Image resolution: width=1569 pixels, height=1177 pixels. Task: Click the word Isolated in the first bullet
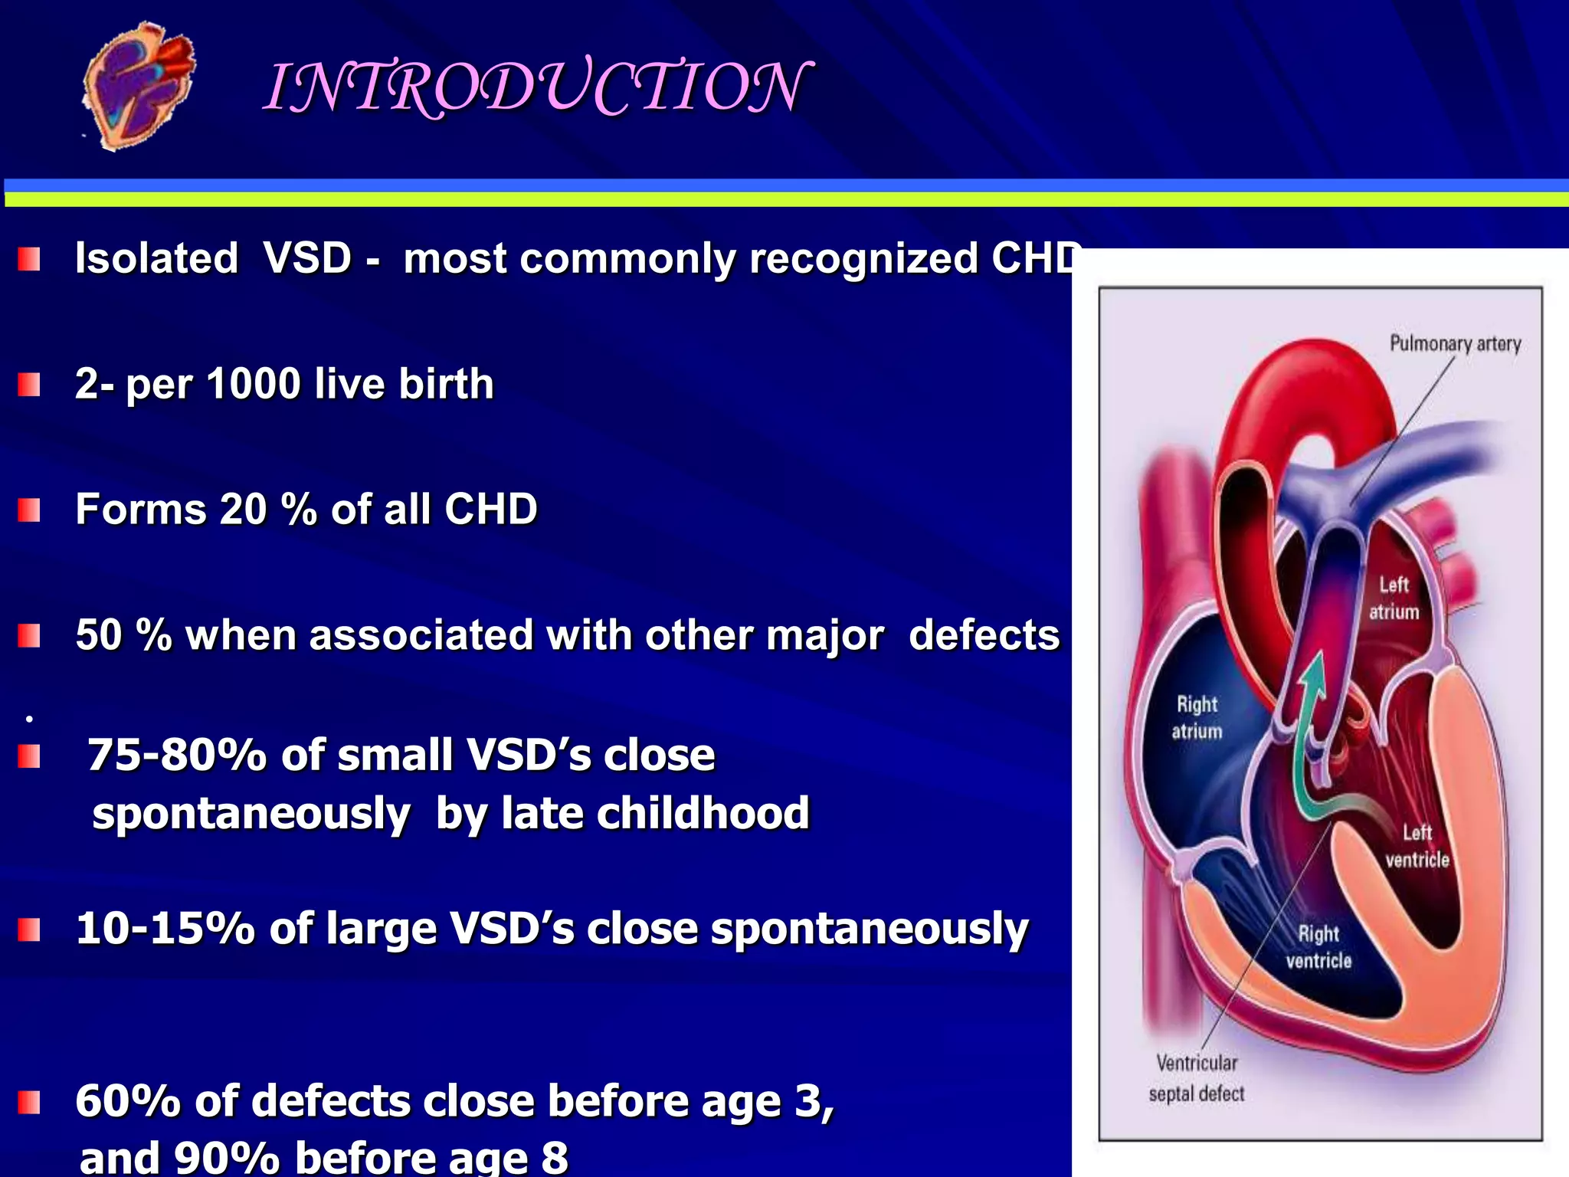pos(156,258)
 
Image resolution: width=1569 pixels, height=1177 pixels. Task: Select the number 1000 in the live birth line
pos(253,384)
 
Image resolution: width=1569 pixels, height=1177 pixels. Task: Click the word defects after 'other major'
pos(984,635)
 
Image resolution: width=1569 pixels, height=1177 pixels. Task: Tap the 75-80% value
pos(176,756)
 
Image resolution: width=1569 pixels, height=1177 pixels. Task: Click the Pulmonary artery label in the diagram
pos(1455,344)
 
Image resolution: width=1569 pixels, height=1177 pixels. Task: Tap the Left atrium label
pos(1394,598)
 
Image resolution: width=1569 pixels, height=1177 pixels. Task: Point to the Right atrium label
pos(1197,717)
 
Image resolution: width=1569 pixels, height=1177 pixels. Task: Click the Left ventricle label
pos(1417,846)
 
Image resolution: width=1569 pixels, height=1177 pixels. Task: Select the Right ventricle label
pos(1318,947)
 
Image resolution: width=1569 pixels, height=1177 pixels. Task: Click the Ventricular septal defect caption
pos(1196,1078)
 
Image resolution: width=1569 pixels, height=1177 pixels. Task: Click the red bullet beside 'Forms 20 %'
pos(29,510)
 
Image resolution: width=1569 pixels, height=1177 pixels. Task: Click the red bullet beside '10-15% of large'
pos(29,929)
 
